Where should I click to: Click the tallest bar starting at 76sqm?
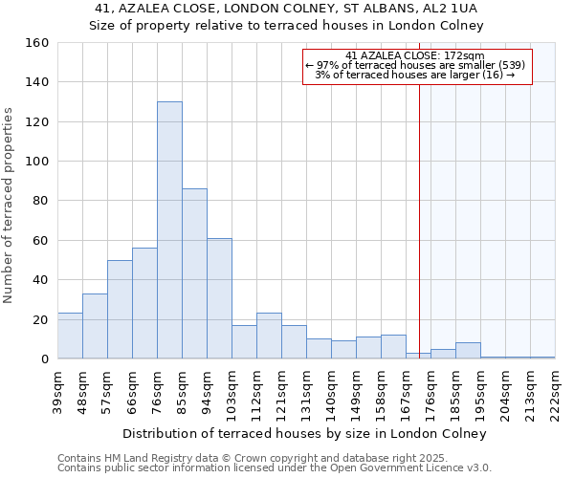click(169, 230)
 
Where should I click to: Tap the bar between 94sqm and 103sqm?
click(219, 298)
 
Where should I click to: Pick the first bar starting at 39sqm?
click(70, 336)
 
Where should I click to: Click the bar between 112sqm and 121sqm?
click(269, 336)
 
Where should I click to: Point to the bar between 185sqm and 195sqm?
click(468, 351)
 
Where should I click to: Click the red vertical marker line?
click(419, 239)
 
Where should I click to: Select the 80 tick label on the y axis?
click(40, 201)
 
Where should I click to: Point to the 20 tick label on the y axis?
click(40, 319)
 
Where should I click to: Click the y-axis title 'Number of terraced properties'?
click(10, 206)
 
